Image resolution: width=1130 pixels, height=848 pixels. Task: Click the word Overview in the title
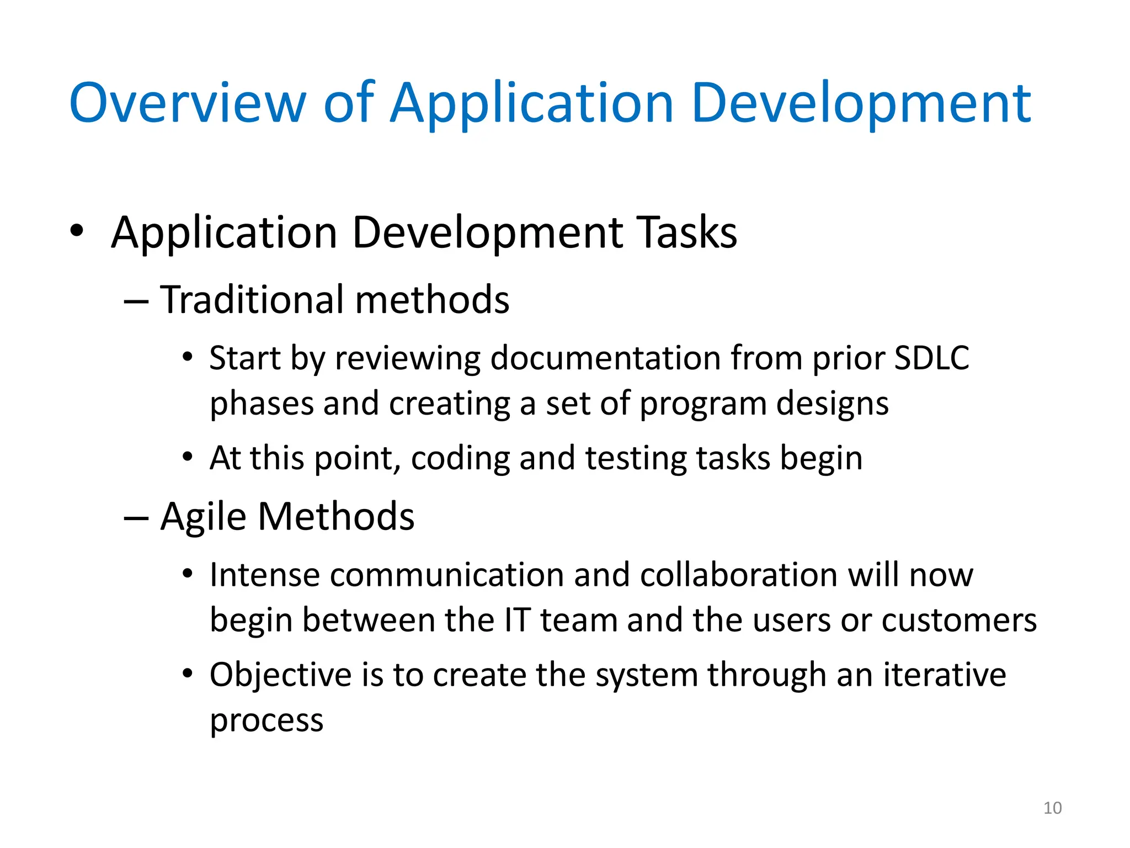pos(186,103)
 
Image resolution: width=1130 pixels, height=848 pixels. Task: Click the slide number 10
pos(1052,808)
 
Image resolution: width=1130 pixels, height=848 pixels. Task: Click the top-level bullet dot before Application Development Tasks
pos(77,231)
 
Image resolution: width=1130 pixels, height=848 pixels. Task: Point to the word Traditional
pos(252,300)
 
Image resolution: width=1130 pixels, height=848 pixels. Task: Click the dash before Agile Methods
pos(136,518)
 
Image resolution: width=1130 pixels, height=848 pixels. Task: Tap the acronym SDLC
pos(931,358)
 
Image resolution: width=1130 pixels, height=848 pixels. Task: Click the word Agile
pos(203,517)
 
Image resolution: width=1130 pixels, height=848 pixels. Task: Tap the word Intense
pos(264,575)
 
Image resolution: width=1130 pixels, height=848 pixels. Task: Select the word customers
pos(959,620)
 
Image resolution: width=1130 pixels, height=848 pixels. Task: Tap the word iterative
pos(945,675)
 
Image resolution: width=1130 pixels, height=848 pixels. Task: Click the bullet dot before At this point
pos(188,457)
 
